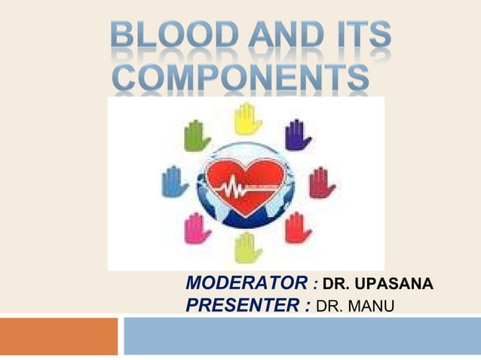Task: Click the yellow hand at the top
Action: point(247,119)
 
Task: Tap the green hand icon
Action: point(197,136)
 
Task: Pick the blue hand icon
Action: point(175,182)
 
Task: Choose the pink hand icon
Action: point(198,228)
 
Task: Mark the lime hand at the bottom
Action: point(247,247)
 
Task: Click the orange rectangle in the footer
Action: point(59,336)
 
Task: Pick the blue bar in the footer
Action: point(302,336)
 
